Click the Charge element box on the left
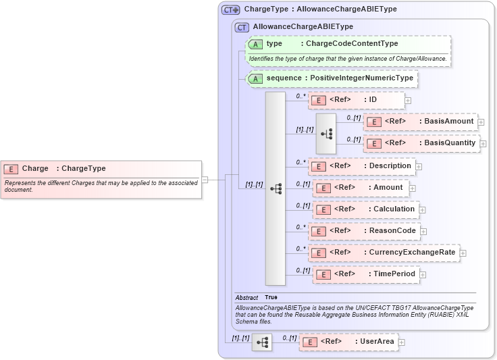click(101, 179)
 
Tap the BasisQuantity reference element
click(421, 143)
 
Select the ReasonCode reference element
click(363, 231)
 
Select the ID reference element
click(356, 100)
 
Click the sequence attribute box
click(332, 78)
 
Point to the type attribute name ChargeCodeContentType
click(351, 44)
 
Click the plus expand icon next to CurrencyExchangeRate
click(463, 253)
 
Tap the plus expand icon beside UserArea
click(402, 342)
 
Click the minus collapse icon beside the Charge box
click(205, 180)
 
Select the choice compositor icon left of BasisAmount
click(326, 133)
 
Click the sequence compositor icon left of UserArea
click(261, 342)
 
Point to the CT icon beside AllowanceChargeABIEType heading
click(241, 27)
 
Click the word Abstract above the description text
click(246, 298)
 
